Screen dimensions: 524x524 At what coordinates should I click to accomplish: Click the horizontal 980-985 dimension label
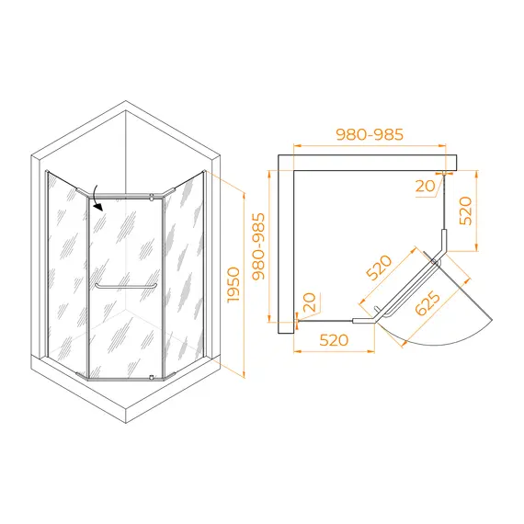click(370, 134)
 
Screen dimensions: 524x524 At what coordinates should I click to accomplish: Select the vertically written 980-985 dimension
click(258, 246)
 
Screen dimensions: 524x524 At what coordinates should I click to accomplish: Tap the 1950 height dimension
click(234, 285)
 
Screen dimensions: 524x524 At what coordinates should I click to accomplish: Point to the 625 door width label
click(427, 303)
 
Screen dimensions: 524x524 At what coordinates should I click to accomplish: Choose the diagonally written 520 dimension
click(379, 268)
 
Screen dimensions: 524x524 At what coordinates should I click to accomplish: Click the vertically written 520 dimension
click(466, 211)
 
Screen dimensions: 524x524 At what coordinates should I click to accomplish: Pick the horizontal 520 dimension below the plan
click(334, 340)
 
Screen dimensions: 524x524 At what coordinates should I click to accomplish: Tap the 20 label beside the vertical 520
click(425, 186)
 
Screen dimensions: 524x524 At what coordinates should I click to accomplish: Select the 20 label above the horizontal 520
click(309, 302)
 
